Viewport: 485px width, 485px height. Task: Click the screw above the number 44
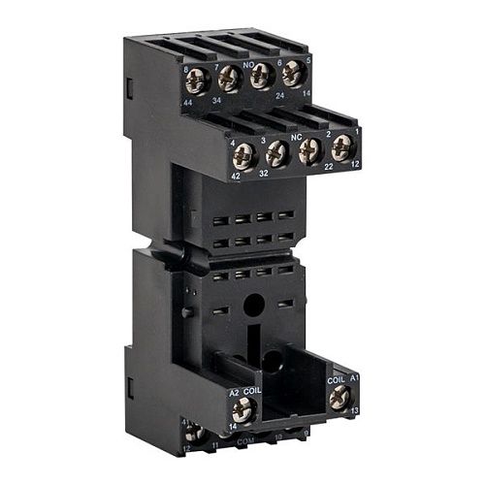(x=199, y=81)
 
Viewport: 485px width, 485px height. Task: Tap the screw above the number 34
(x=230, y=78)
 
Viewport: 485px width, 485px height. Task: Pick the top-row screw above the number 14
(x=292, y=74)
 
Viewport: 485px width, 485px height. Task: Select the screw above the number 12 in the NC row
(x=342, y=147)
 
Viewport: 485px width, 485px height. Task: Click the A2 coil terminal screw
(x=244, y=411)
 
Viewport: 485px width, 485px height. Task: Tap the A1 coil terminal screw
(x=339, y=396)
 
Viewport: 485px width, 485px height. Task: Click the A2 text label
(x=234, y=394)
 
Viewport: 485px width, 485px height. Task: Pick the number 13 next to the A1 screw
(x=354, y=410)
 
